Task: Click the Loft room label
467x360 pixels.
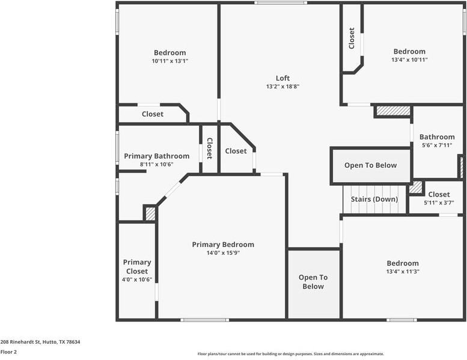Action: pyautogui.click(x=282, y=78)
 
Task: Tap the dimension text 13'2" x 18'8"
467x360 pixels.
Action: pyautogui.click(x=282, y=87)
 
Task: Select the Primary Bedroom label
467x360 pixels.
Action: pyautogui.click(x=223, y=245)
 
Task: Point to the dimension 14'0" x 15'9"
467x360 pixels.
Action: pyautogui.click(x=223, y=253)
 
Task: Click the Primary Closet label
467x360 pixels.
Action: pyautogui.click(x=137, y=267)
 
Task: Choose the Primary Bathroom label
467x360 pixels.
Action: pyautogui.click(x=156, y=156)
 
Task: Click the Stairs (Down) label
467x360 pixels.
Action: pyautogui.click(x=374, y=200)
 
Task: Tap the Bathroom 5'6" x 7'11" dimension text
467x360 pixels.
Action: pyautogui.click(x=437, y=145)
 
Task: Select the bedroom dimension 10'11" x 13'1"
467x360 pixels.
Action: pyautogui.click(x=169, y=61)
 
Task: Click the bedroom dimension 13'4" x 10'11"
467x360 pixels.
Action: pyautogui.click(x=409, y=60)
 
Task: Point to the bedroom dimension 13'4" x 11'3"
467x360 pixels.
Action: pyautogui.click(x=403, y=272)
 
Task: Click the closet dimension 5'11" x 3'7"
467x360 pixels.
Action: pyautogui.click(x=439, y=203)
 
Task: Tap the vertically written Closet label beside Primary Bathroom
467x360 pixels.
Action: pyautogui.click(x=209, y=148)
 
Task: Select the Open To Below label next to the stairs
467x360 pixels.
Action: pyautogui.click(x=370, y=165)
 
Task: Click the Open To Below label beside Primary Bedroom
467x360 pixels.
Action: pyautogui.click(x=313, y=282)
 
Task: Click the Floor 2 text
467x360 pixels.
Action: pyautogui.click(x=8, y=352)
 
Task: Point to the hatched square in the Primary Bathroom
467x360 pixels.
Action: pyautogui.click(x=150, y=213)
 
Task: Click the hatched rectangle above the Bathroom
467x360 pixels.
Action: pyautogui.click(x=393, y=111)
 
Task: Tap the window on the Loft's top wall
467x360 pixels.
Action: pyautogui.click(x=280, y=3)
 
